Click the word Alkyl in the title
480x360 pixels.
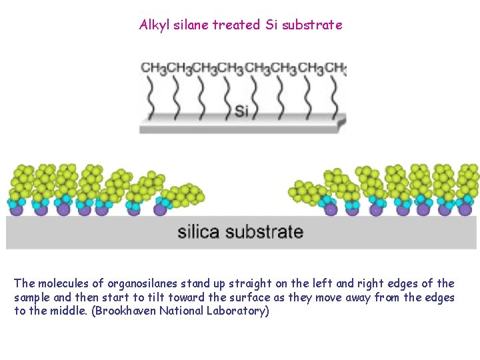coord(153,25)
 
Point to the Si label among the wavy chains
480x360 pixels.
coord(242,111)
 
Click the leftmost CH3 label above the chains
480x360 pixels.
coord(153,69)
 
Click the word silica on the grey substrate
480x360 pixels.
coord(198,232)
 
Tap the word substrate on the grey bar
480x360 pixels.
coord(264,232)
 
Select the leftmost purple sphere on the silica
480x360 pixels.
coord(16,209)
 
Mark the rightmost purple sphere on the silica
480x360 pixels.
coord(465,209)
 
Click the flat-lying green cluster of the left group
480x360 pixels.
coord(185,195)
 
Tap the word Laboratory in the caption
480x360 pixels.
coord(238,311)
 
